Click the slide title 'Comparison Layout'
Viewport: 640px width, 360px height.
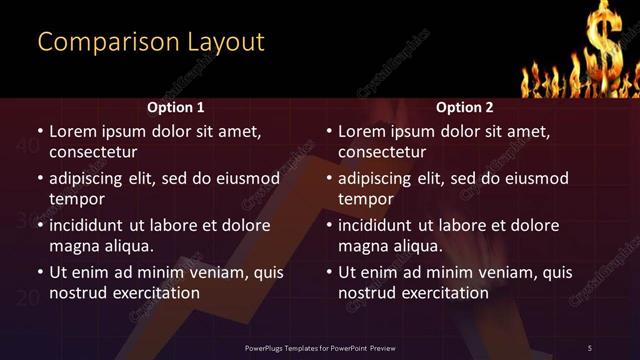coord(151,42)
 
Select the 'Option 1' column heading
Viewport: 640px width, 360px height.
coord(175,107)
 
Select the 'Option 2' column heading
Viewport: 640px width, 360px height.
coord(465,107)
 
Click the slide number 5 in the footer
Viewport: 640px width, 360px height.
coord(590,346)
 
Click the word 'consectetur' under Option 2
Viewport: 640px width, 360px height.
coord(382,152)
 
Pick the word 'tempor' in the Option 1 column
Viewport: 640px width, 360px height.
coord(75,199)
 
